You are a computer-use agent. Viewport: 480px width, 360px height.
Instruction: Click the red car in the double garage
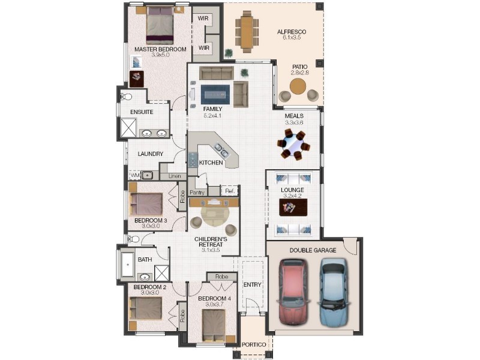293,292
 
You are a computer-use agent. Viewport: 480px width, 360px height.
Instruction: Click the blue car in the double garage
334,292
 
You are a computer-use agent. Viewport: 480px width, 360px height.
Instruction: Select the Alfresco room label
292,32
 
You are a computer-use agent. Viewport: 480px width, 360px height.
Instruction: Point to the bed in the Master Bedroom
160,25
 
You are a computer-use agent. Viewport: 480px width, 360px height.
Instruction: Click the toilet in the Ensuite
126,97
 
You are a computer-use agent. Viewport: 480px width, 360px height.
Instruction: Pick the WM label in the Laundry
135,176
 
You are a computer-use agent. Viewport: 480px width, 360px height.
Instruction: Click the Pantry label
197,192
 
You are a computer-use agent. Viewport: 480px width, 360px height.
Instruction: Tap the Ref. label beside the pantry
230,191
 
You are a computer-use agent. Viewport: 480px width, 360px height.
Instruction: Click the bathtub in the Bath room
128,265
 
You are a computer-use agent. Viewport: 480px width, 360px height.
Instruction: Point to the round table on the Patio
298,86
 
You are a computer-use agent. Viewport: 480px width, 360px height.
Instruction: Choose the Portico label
254,344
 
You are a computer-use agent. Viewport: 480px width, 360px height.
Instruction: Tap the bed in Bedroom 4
214,325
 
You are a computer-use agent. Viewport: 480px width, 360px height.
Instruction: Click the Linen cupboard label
175,176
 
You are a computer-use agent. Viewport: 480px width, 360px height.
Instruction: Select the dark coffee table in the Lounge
293,208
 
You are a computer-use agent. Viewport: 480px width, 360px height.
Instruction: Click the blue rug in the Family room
215,95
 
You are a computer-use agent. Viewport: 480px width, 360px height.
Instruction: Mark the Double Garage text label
313,250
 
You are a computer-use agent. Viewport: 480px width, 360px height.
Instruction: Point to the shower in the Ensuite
128,127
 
